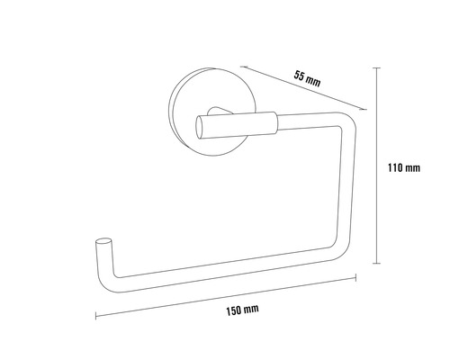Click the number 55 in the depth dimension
click(x=300, y=75)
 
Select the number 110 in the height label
click(x=395, y=167)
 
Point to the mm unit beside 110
click(x=413, y=167)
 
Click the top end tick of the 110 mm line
click(x=376, y=64)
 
